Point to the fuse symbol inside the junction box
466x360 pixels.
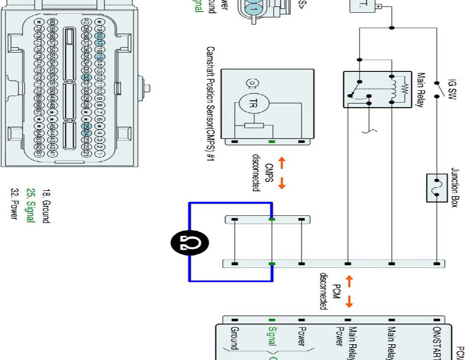pos(437,187)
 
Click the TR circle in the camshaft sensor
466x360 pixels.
pos(251,103)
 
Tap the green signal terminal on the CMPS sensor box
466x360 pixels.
pos(272,142)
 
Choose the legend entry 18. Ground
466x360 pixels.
pos(46,206)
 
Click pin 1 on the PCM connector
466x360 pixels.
pos(100,153)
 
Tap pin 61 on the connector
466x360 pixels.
pos(39,153)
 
